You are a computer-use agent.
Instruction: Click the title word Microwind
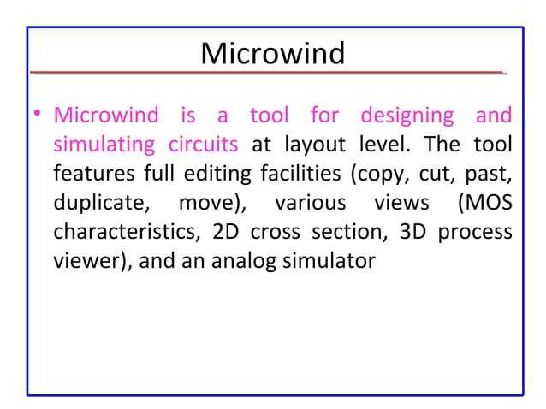pyautogui.click(x=272, y=54)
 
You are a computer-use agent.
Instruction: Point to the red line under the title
pyautogui.click(x=265, y=74)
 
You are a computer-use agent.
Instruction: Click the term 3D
pyautogui.click(x=407, y=233)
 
